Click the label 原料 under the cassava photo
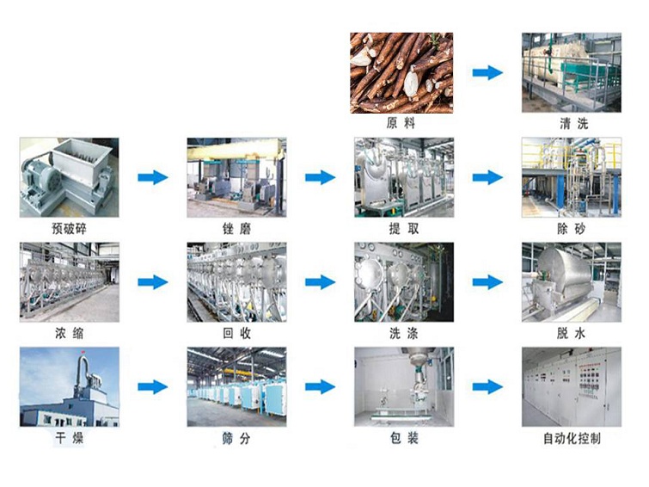point(401,124)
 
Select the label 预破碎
point(69,229)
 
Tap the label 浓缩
point(69,334)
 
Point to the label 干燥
point(69,439)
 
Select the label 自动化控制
point(572,439)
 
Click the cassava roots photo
point(401,72)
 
